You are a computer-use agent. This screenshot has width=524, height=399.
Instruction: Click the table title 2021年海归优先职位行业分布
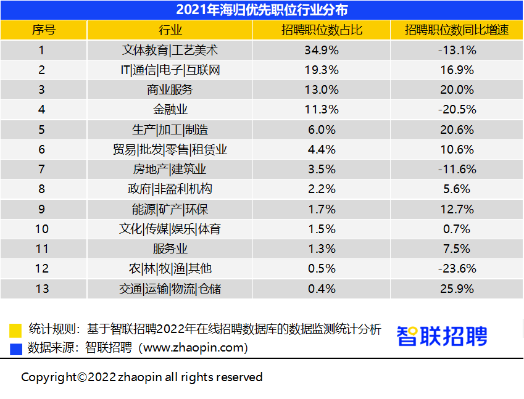tap(262, 10)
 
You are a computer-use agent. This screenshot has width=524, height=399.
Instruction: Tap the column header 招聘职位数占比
tap(321, 30)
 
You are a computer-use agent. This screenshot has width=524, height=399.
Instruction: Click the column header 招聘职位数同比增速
tap(457, 30)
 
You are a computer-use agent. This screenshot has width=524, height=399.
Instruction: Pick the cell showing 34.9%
tap(321, 51)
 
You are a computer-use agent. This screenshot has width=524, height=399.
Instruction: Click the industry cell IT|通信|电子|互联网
tap(170, 70)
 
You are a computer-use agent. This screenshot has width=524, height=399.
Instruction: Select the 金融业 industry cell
tap(170, 110)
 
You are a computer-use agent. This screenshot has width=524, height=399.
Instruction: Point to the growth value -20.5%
tap(457, 110)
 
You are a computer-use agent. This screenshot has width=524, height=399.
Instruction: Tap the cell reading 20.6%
tap(457, 130)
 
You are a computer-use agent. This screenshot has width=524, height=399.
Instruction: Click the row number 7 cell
tap(42, 169)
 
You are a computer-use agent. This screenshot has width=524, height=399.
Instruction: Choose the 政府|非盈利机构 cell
tap(170, 189)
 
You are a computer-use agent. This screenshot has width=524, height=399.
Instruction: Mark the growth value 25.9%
tap(457, 289)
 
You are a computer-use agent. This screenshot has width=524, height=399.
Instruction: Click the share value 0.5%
tap(321, 269)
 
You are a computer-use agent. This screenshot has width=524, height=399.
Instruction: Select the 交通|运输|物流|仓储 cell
tap(170, 289)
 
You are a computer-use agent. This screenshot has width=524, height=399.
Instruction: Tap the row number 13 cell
tap(42, 289)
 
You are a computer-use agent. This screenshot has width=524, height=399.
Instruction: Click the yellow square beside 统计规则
tap(16, 330)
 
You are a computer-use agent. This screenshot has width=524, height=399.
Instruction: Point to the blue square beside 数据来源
tap(16, 348)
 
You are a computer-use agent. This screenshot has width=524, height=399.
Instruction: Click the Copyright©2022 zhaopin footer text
tap(142, 377)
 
